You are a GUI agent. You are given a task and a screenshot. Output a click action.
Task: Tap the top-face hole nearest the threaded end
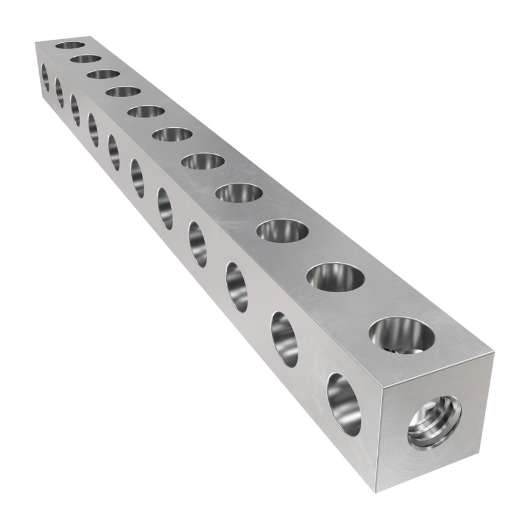[x=402, y=335]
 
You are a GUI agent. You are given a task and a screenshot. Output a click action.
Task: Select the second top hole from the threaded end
[x=336, y=277]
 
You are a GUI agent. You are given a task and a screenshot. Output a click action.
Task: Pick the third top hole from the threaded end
[x=282, y=230]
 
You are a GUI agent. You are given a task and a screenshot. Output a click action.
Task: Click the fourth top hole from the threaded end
[x=239, y=193]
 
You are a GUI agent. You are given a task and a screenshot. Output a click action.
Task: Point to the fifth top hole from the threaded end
[x=203, y=161]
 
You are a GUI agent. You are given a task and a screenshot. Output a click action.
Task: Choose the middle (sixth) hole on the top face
[x=172, y=134]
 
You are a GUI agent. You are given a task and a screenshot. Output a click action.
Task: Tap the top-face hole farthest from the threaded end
[x=70, y=45]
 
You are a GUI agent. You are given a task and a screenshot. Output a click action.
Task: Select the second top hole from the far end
[x=86, y=59]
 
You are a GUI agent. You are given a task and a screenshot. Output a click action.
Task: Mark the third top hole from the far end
[x=103, y=74]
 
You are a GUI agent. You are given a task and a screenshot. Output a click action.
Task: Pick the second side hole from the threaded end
[x=284, y=339]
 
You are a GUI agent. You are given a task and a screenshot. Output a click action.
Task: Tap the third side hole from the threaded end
[x=237, y=287]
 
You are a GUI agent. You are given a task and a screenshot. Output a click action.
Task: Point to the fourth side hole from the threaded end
[x=197, y=244]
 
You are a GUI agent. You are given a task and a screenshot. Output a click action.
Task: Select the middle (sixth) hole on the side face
[x=138, y=178]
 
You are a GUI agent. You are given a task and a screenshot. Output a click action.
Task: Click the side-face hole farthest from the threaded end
[x=45, y=77]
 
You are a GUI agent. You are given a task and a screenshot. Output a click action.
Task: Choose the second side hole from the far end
[x=59, y=92]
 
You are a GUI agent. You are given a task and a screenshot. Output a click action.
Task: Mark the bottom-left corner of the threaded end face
[x=376, y=491]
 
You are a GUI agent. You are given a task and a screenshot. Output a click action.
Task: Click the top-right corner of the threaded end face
[x=493, y=353]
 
